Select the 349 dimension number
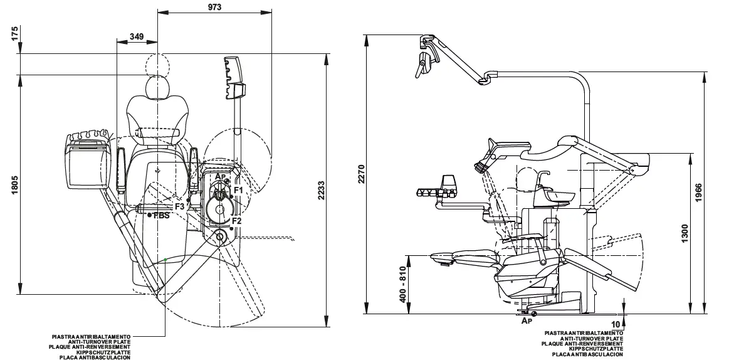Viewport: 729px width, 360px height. (137, 36)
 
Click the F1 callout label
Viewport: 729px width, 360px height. (238, 189)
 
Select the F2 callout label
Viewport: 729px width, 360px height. (236, 221)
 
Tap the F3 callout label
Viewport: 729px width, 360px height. (179, 206)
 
